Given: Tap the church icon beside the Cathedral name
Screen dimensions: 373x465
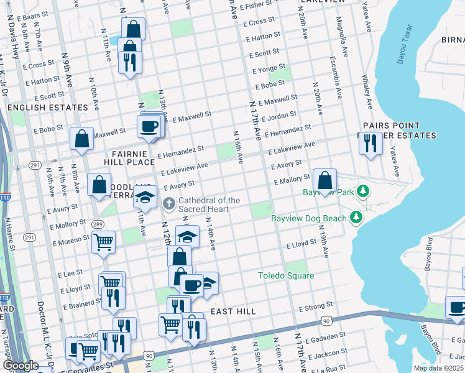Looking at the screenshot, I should [168, 203].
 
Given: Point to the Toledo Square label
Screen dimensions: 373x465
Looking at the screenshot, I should [286, 275].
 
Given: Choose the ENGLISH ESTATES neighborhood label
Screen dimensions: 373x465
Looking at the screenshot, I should [47, 108].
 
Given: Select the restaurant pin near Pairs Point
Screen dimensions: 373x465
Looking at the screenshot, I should [371, 144].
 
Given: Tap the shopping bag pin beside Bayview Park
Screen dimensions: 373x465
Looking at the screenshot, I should [325, 181].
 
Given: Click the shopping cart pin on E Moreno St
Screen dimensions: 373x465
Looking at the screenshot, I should [103, 242].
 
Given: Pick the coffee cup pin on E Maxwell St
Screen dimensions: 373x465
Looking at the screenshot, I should [149, 127].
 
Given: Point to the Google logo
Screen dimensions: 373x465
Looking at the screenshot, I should [20, 366].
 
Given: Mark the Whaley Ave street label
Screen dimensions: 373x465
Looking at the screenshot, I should [366, 91].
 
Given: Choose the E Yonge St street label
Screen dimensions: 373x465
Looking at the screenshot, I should [269, 67].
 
